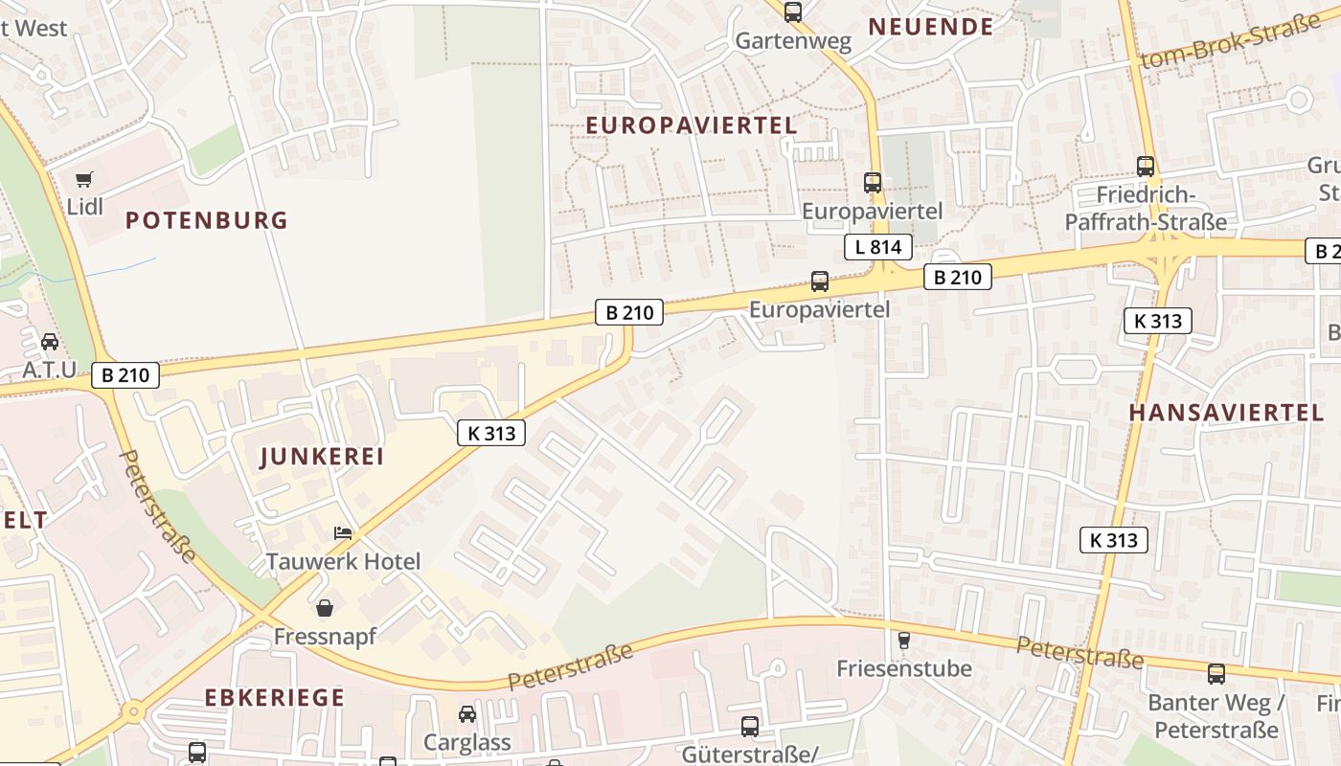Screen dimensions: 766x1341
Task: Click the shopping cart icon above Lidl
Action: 84,178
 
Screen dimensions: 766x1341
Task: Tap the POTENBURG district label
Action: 207,220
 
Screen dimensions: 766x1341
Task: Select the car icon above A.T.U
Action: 50,341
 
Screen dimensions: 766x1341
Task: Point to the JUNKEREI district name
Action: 322,457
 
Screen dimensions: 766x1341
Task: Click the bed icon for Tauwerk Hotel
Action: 342,532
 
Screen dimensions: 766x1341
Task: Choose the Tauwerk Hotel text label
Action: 343,561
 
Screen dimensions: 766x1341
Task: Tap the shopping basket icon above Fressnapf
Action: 325,608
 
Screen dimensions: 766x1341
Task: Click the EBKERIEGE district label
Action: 274,697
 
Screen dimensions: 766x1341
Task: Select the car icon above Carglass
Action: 466,713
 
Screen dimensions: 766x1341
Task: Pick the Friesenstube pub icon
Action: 902,640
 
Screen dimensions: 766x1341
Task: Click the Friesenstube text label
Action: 904,668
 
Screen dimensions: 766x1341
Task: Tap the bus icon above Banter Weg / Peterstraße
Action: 1216,673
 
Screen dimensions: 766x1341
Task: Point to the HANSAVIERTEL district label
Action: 1226,413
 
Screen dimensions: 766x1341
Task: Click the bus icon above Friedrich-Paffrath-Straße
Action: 1146,166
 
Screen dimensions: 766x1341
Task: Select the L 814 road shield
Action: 877,247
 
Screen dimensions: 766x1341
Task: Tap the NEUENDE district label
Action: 931,27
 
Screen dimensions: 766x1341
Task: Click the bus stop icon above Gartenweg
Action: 793,12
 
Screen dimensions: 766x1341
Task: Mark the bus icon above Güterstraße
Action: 750,727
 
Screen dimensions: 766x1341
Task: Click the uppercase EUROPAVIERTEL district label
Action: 691,125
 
